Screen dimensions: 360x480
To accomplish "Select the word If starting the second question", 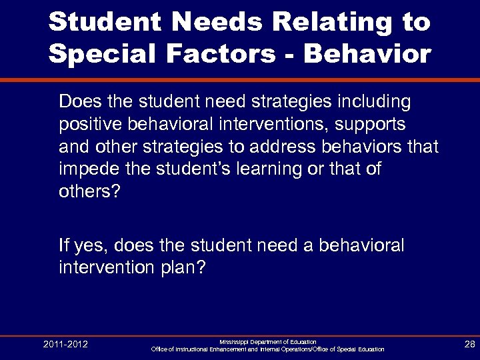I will [x=64, y=246].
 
